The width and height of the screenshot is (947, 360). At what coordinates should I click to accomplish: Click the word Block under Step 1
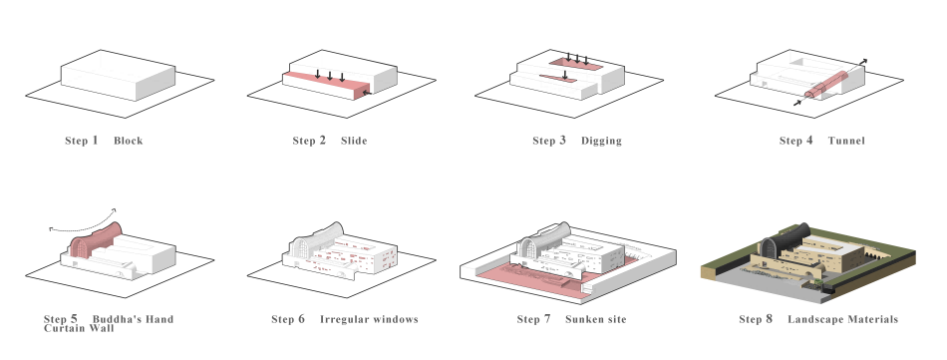[128, 141]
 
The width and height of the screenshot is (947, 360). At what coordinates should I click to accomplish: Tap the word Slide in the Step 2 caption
[354, 141]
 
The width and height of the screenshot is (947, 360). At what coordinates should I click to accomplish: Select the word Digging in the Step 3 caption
[601, 141]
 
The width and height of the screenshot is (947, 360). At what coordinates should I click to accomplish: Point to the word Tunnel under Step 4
[846, 141]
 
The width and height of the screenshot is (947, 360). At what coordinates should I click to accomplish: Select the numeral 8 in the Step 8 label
[769, 319]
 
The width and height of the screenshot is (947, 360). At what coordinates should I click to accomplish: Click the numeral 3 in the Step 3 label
[562, 141]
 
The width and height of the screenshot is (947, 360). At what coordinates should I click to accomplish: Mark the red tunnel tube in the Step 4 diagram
[826, 84]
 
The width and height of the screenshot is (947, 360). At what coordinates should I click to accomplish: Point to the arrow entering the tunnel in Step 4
[797, 104]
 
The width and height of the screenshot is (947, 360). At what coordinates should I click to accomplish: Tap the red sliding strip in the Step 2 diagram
[325, 85]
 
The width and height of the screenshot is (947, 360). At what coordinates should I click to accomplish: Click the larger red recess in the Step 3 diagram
[575, 64]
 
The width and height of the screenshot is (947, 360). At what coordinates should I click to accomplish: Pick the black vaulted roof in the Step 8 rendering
[786, 238]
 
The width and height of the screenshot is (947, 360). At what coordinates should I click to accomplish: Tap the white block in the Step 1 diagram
[119, 76]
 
